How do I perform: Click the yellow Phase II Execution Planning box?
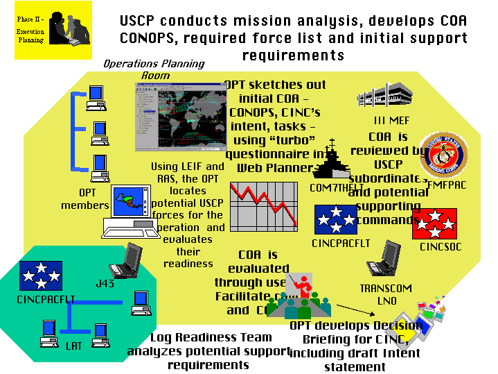(53, 30)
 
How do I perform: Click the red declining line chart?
(263, 206)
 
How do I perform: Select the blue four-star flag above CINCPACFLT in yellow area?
(336, 220)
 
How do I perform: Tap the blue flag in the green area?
(40, 275)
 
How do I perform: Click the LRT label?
(71, 345)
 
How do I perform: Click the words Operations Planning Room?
(154, 69)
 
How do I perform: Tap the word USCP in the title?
(141, 22)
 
